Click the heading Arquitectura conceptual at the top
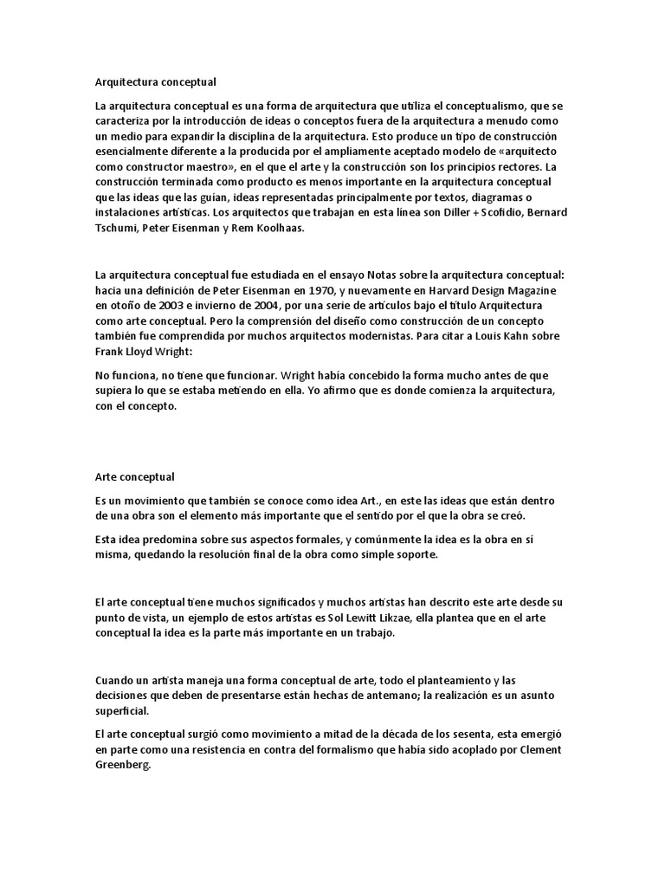pyautogui.click(x=155, y=82)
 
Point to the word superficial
pyautogui.click(x=122, y=710)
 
